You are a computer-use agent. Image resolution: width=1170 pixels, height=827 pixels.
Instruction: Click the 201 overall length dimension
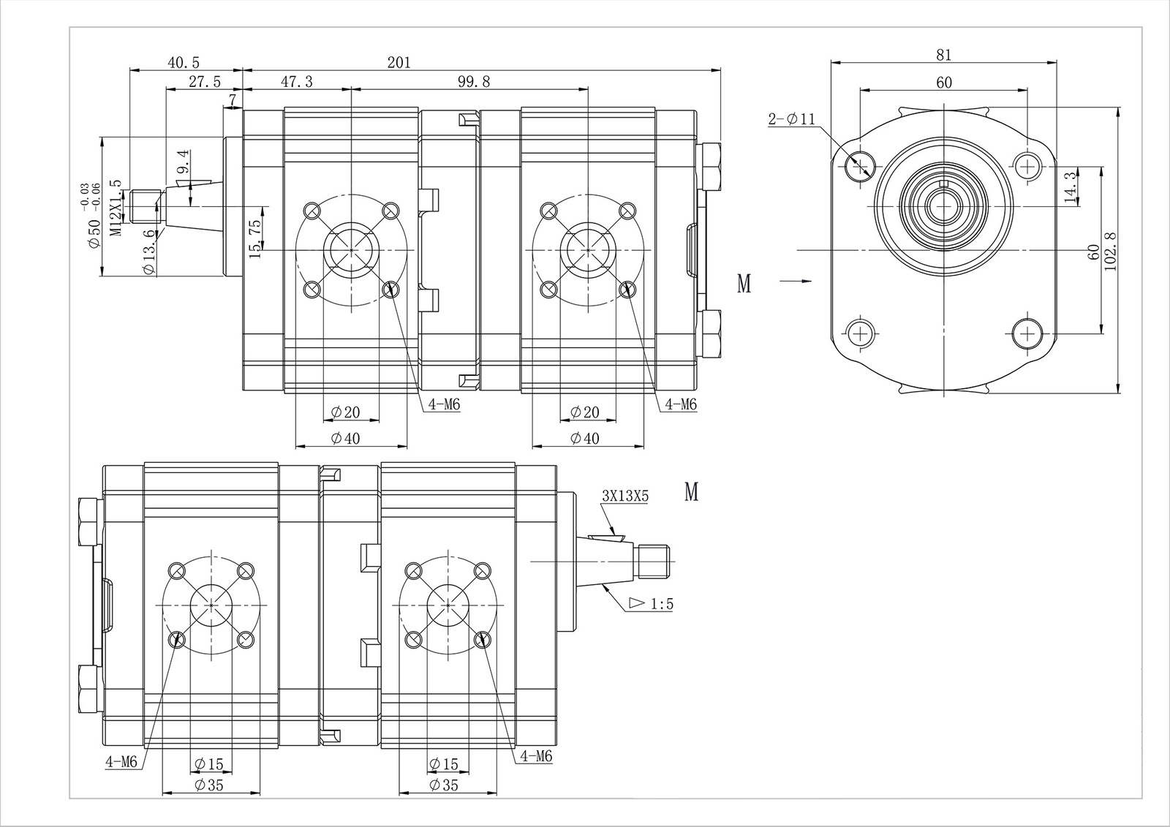point(399,63)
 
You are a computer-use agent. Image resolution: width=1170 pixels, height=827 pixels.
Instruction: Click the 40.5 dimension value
point(184,63)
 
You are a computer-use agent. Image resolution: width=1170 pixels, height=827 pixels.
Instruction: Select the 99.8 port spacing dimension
point(474,82)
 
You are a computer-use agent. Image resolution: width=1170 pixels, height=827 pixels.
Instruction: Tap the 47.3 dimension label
point(296,82)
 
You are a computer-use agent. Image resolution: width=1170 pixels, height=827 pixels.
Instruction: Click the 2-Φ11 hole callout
point(791,119)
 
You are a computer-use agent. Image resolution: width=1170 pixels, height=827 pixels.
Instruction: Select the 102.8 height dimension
point(1111,251)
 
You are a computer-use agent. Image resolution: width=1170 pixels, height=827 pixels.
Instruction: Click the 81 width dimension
point(943,55)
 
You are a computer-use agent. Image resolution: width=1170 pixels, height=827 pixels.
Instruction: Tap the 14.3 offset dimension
point(1072,187)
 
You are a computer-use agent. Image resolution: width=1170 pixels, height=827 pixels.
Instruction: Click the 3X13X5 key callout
point(625,496)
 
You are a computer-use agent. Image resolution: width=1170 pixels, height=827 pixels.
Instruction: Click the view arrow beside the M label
point(796,281)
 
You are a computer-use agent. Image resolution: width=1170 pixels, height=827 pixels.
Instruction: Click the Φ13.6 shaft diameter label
point(149,252)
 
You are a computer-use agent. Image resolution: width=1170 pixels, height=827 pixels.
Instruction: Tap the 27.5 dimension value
point(204,82)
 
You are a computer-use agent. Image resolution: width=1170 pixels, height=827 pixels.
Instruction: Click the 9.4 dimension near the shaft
point(183,161)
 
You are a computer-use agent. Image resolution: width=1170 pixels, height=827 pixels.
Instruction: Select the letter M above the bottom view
point(691,492)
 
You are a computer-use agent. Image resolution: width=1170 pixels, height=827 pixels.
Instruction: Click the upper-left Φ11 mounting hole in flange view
point(860,165)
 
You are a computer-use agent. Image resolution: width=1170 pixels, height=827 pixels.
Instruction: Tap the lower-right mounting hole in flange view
point(1027,334)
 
